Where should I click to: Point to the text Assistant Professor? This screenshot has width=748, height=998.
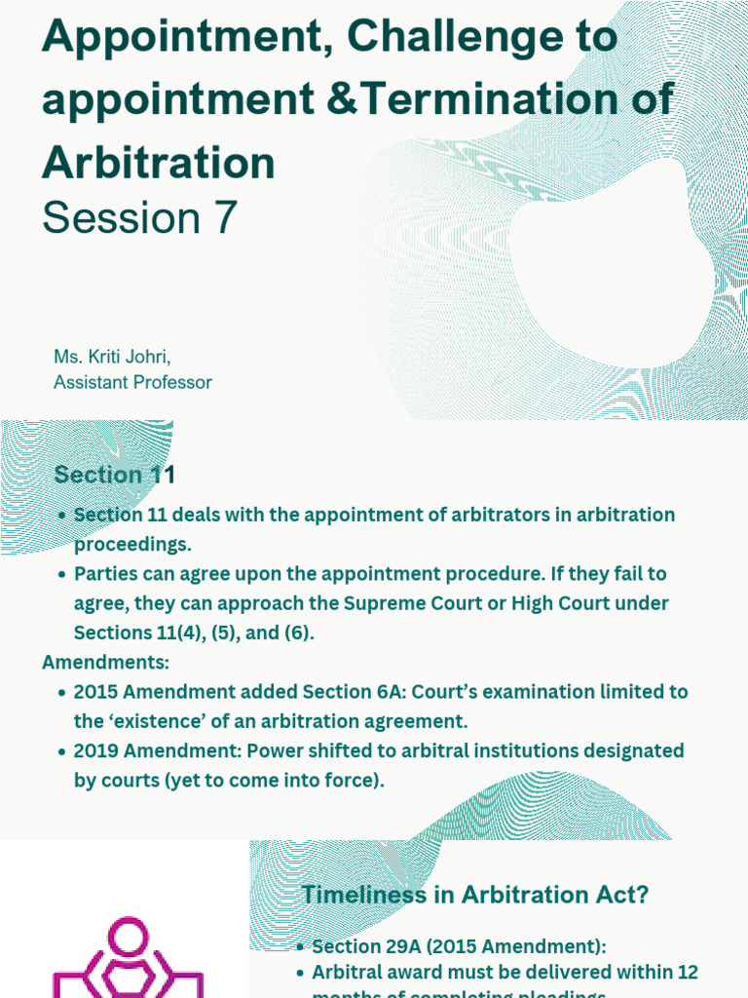pos(132,382)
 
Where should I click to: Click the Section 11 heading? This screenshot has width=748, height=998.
pos(115,475)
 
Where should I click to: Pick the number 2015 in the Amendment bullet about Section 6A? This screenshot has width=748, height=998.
pos(99,692)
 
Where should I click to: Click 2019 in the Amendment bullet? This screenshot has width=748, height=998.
pos(99,750)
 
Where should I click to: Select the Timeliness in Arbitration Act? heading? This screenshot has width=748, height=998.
pos(475,894)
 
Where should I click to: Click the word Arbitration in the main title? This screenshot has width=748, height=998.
pos(159,162)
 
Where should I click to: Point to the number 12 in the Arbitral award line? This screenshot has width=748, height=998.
pos(687,972)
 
